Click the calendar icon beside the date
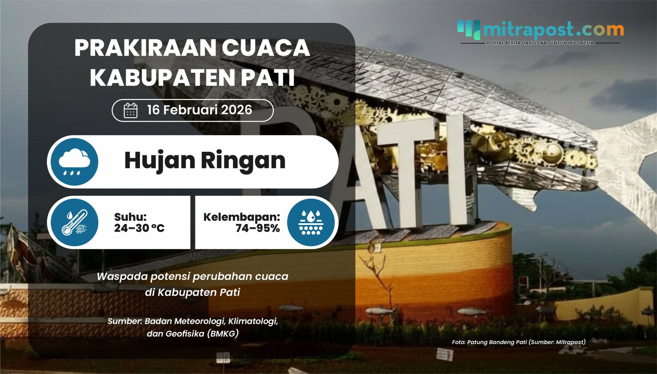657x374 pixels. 131,111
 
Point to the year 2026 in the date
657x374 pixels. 236,110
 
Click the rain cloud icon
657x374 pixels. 74,162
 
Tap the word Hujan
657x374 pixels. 159,161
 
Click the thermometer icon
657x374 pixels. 74,223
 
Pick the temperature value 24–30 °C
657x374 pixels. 139,229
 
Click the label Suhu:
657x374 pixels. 130,217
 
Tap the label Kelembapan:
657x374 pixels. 241,217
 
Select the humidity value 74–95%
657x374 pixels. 257,229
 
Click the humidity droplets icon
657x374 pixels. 311,223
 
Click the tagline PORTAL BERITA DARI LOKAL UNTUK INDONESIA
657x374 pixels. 540,43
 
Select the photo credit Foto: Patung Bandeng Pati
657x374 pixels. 489,342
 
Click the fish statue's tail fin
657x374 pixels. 628,164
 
